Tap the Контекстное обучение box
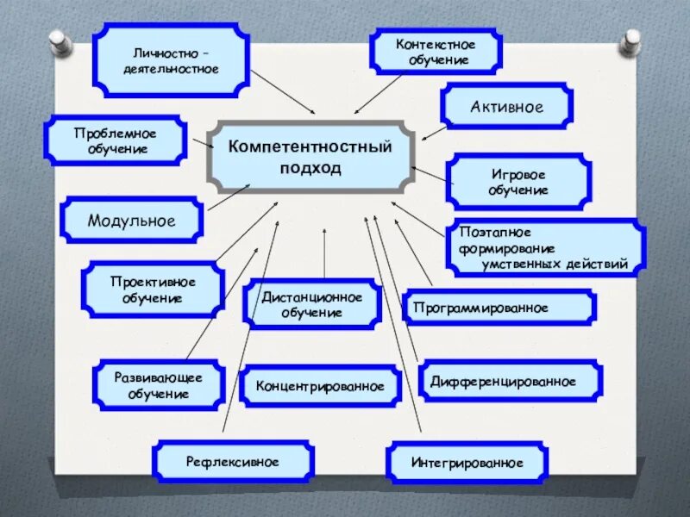pos(436,52)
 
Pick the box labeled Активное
pos(506,107)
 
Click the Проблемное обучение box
pos(116,141)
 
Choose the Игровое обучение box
pos(518,182)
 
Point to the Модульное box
pos(131,221)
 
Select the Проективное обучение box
pos(153,290)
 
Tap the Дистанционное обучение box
pos(311,303)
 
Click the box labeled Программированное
pos(499,308)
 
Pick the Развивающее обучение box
pos(159,385)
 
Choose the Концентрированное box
pos(320,386)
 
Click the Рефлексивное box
pos(233,462)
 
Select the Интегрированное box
pos(467,463)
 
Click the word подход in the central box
pos(310,168)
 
